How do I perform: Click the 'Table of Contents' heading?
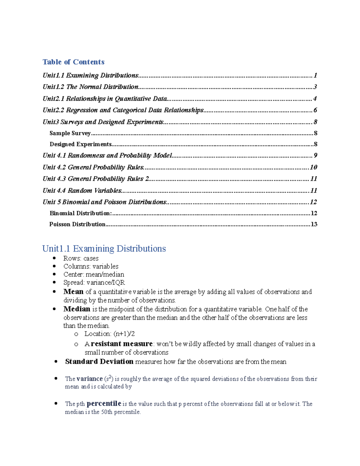[73, 62]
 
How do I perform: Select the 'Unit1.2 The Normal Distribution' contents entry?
[90, 87]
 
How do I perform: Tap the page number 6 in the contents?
[315, 110]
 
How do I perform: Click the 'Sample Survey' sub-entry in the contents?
[70, 133]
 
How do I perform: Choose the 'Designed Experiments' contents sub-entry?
[80, 144]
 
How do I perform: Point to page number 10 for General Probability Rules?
[313, 167]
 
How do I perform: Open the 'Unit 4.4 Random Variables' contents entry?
[82, 191]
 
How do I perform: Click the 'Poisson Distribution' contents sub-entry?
[77, 224]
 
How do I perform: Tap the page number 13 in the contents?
[314, 224]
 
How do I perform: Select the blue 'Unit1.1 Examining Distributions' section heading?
[104, 248]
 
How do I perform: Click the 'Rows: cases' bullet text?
[81, 258]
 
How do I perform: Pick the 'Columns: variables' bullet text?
[91, 266]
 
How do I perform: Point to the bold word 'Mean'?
[73, 292]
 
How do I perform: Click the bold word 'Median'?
[76, 309]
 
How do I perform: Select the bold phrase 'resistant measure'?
[121, 344]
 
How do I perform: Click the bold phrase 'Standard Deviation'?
[99, 362]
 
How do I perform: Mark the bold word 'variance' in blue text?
[89, 379]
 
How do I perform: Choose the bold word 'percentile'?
[103, 404]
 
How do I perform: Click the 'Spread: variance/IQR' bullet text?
[94, 283]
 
